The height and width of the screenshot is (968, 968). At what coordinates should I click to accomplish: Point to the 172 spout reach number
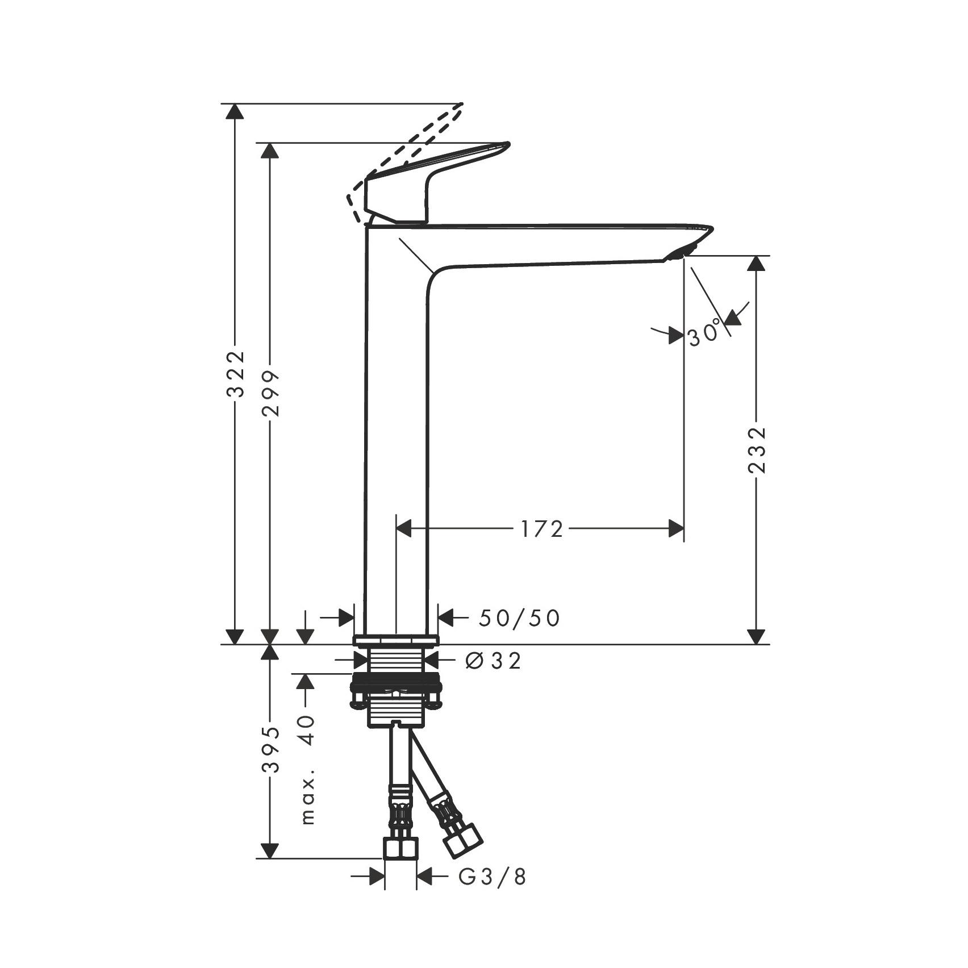coord(541,529)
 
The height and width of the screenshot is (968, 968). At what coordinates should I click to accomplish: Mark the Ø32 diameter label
coord(493,661)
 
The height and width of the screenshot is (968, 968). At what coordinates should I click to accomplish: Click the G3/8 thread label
coord(493,892)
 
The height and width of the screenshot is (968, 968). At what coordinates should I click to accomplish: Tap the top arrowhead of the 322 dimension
coord(235,111)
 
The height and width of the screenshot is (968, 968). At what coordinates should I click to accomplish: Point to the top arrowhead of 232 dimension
coord(756,264)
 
